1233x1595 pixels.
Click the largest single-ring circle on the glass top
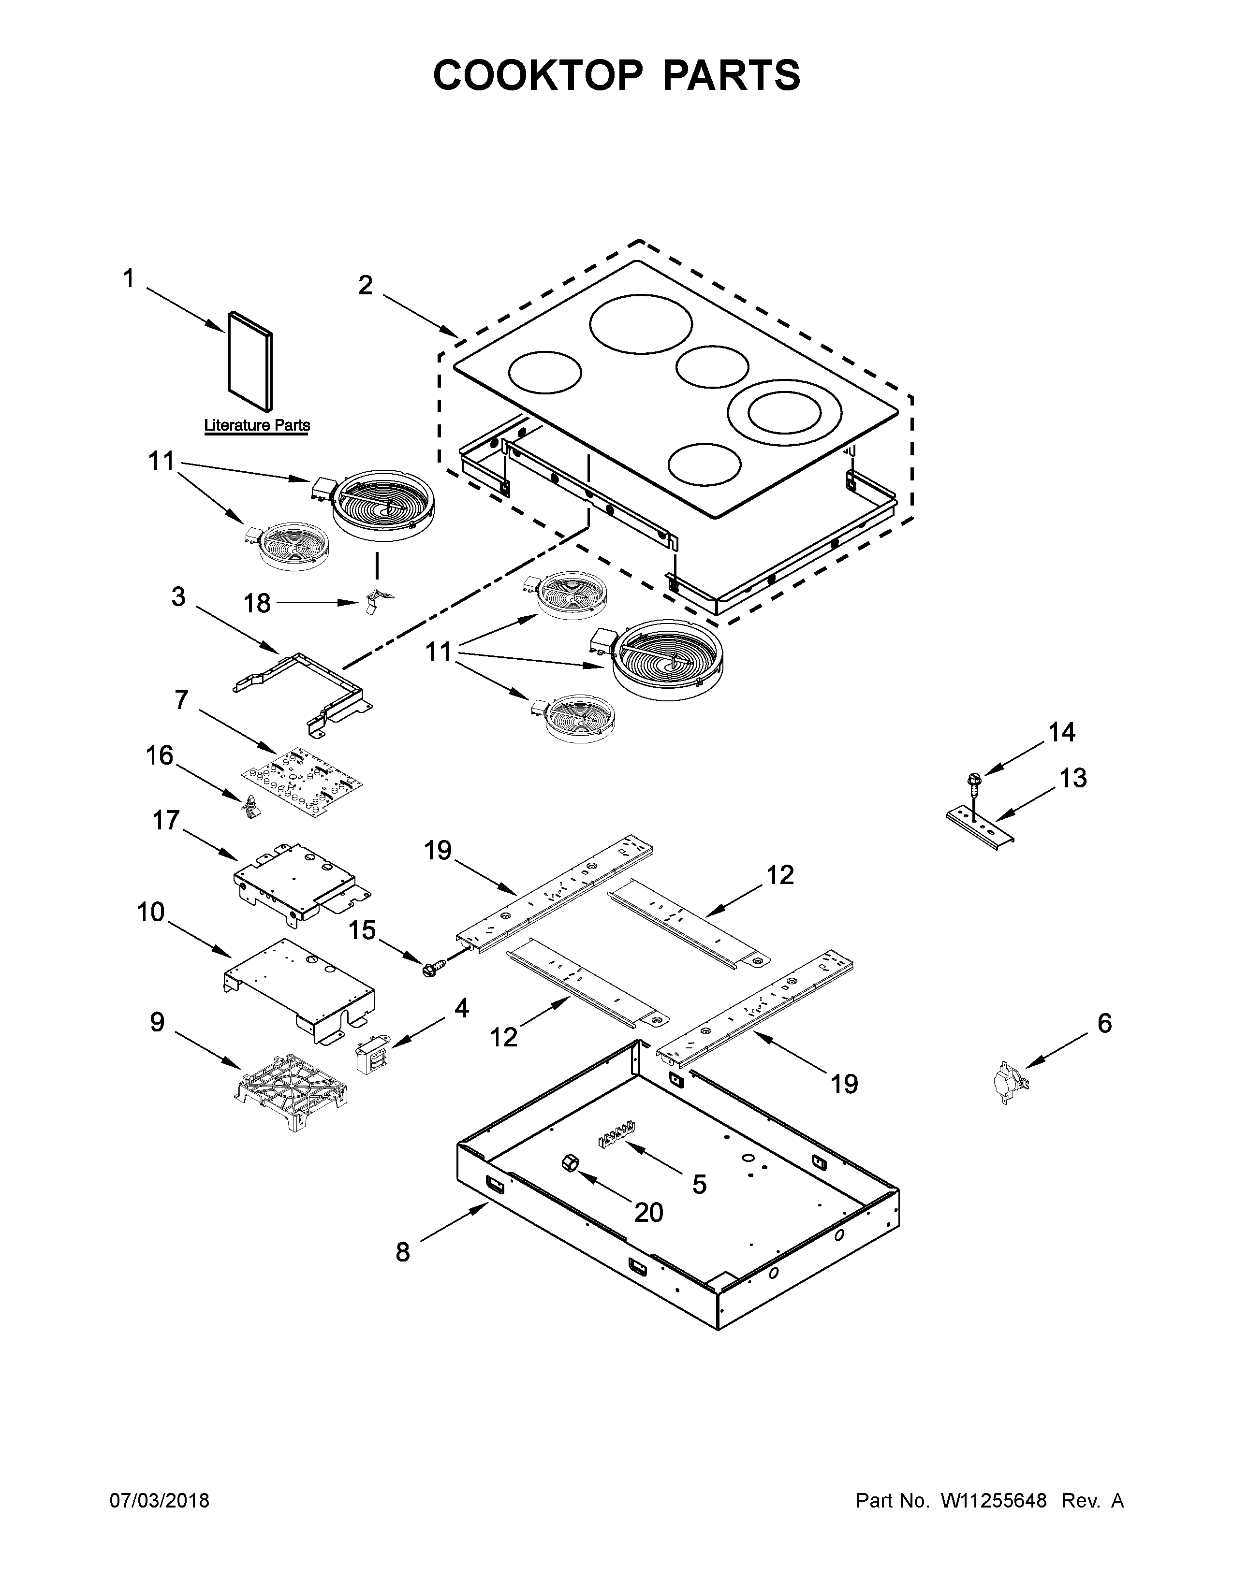[641, 324]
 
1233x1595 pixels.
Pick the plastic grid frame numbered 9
[292, 1093]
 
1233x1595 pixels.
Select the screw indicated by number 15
[429, 969]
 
